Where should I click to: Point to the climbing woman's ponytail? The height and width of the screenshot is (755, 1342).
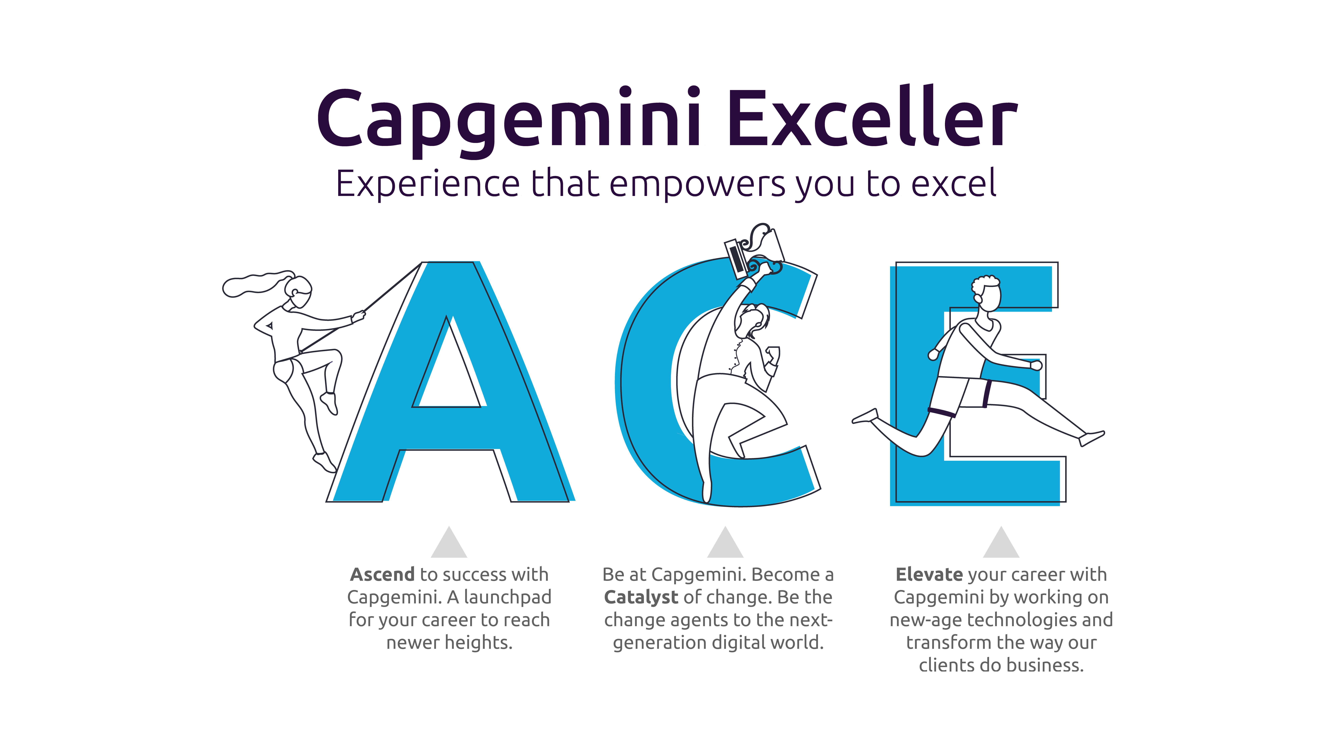(x=255, y=284)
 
